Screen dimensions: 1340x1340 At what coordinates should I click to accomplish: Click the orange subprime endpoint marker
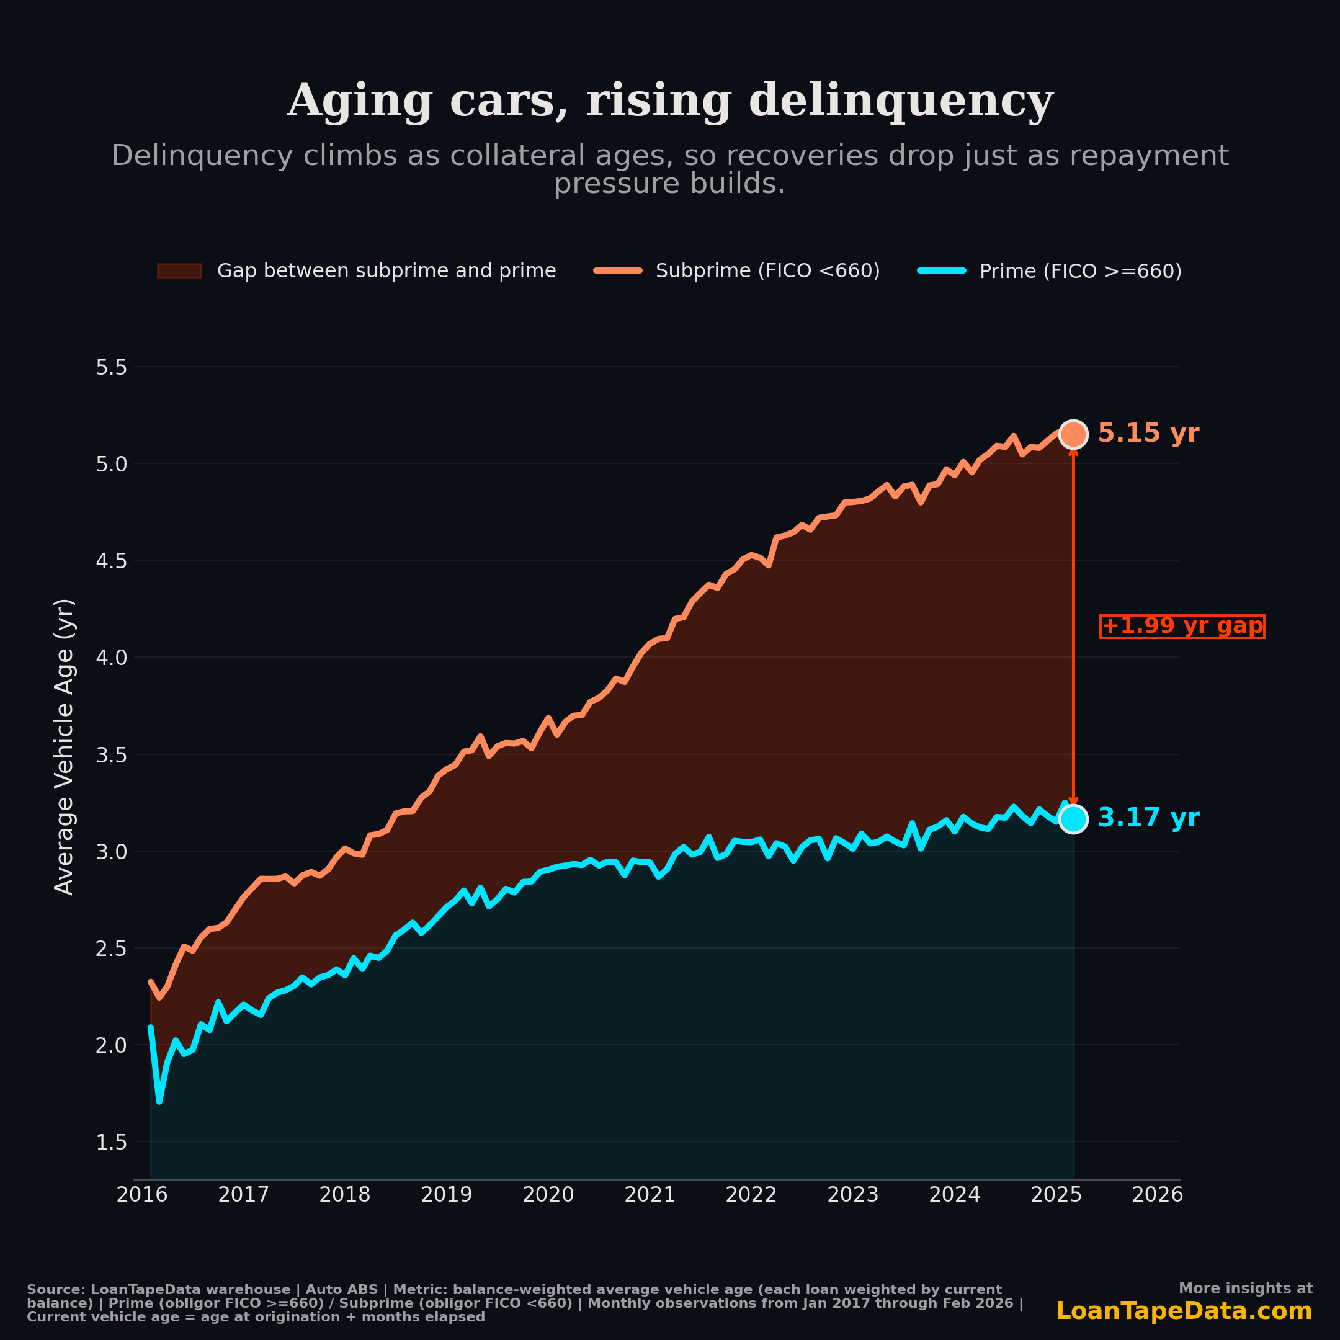1073,434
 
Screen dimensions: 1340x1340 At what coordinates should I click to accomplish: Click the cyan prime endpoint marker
1073,819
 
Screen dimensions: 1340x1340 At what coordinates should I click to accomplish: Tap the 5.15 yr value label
1148,434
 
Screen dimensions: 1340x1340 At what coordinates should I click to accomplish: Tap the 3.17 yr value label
1148,818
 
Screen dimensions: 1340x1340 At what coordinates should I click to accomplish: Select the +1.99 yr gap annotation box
1182,627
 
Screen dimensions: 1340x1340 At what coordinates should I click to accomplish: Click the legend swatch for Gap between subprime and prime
179,270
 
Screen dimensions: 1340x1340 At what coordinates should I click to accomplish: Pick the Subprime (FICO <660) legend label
767,271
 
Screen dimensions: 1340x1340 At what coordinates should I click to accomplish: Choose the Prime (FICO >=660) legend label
1080,271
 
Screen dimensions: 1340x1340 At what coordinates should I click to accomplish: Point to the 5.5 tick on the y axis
111,368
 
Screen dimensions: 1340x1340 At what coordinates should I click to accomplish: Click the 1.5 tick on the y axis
111,1142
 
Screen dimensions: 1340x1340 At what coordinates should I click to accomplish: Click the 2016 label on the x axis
141,1195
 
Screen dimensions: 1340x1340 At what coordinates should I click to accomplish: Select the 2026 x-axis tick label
1157,1195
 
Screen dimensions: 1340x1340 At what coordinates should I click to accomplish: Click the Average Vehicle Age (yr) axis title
64,746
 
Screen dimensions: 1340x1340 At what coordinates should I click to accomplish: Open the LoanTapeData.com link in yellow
1183,1311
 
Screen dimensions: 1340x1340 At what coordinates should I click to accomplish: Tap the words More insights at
1245,1289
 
